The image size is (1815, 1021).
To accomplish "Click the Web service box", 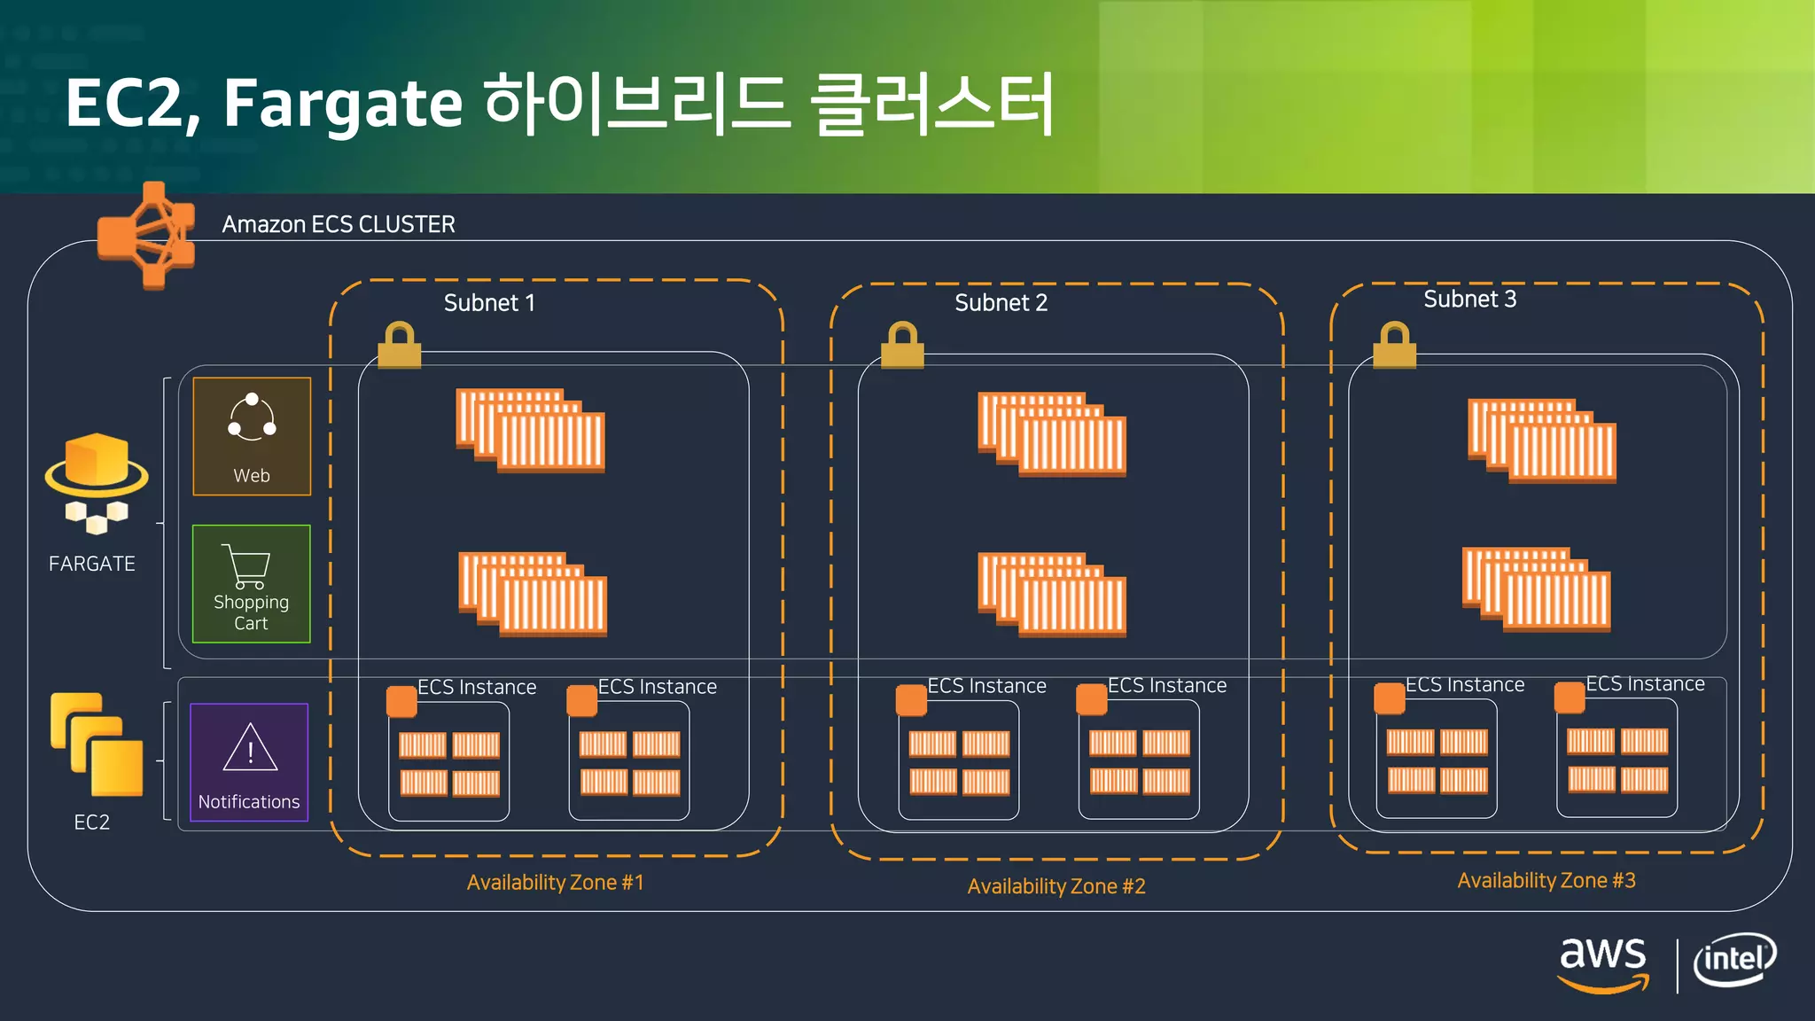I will (252, 436).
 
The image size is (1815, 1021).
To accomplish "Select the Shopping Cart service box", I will (252, 584).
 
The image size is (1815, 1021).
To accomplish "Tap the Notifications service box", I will (249, 762).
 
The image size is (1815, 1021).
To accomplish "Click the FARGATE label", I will (92, 564).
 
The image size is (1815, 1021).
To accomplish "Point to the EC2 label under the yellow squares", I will (92, 822).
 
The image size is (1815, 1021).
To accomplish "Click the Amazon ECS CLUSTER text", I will (339, 224).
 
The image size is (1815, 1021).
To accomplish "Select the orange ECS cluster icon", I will (147, 236).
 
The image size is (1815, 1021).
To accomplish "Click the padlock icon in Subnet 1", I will (399, 345).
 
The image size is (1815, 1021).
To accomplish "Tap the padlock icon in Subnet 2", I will (902, 345).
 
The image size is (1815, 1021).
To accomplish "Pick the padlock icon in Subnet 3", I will (1394, 345).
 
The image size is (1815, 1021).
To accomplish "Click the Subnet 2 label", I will (1001, 303).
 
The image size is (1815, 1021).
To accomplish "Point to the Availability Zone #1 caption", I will (555, 883).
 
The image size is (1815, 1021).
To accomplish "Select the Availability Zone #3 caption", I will (1546, 881).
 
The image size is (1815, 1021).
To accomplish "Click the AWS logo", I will (1603, 963).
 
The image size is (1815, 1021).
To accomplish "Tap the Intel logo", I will (1734, 960).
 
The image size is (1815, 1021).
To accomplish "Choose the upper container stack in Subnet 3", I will (1542, 440).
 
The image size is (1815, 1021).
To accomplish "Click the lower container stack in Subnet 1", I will (533, 594).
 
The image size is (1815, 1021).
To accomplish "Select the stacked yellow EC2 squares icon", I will (97, 744).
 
